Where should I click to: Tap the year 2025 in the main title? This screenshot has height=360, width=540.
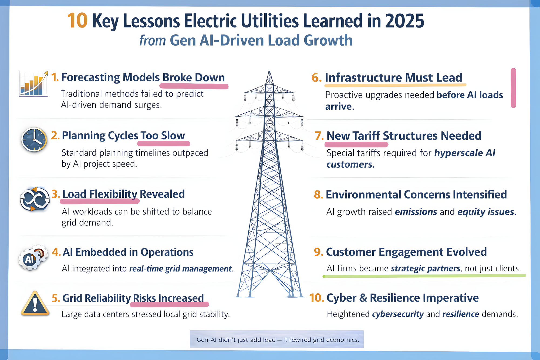405,21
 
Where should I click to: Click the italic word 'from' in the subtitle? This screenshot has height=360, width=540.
152,41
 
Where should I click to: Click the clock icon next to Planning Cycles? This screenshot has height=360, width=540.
34,140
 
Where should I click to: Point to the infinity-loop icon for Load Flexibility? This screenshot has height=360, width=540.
35,198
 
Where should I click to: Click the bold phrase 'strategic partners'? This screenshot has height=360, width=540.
426,268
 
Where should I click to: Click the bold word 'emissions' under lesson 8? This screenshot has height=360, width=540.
416,212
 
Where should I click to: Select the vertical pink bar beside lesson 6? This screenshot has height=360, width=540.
513,88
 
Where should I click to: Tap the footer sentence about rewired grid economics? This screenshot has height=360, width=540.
278,340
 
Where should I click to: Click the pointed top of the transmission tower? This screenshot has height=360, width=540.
269,72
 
